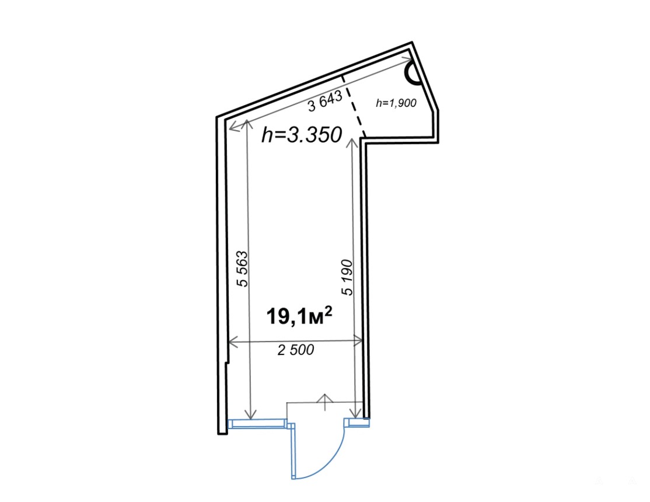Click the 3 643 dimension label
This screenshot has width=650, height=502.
tap(326, 101)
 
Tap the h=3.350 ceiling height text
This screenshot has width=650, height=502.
tap(302, 135)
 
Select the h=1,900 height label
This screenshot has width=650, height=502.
tap(396, 103)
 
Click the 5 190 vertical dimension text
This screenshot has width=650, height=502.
tap(347, 277)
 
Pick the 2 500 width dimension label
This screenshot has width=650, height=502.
tap(296, 350)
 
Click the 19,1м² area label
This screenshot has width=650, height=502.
tap(299, 316)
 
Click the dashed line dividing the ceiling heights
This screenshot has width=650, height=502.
tap(353, 106)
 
